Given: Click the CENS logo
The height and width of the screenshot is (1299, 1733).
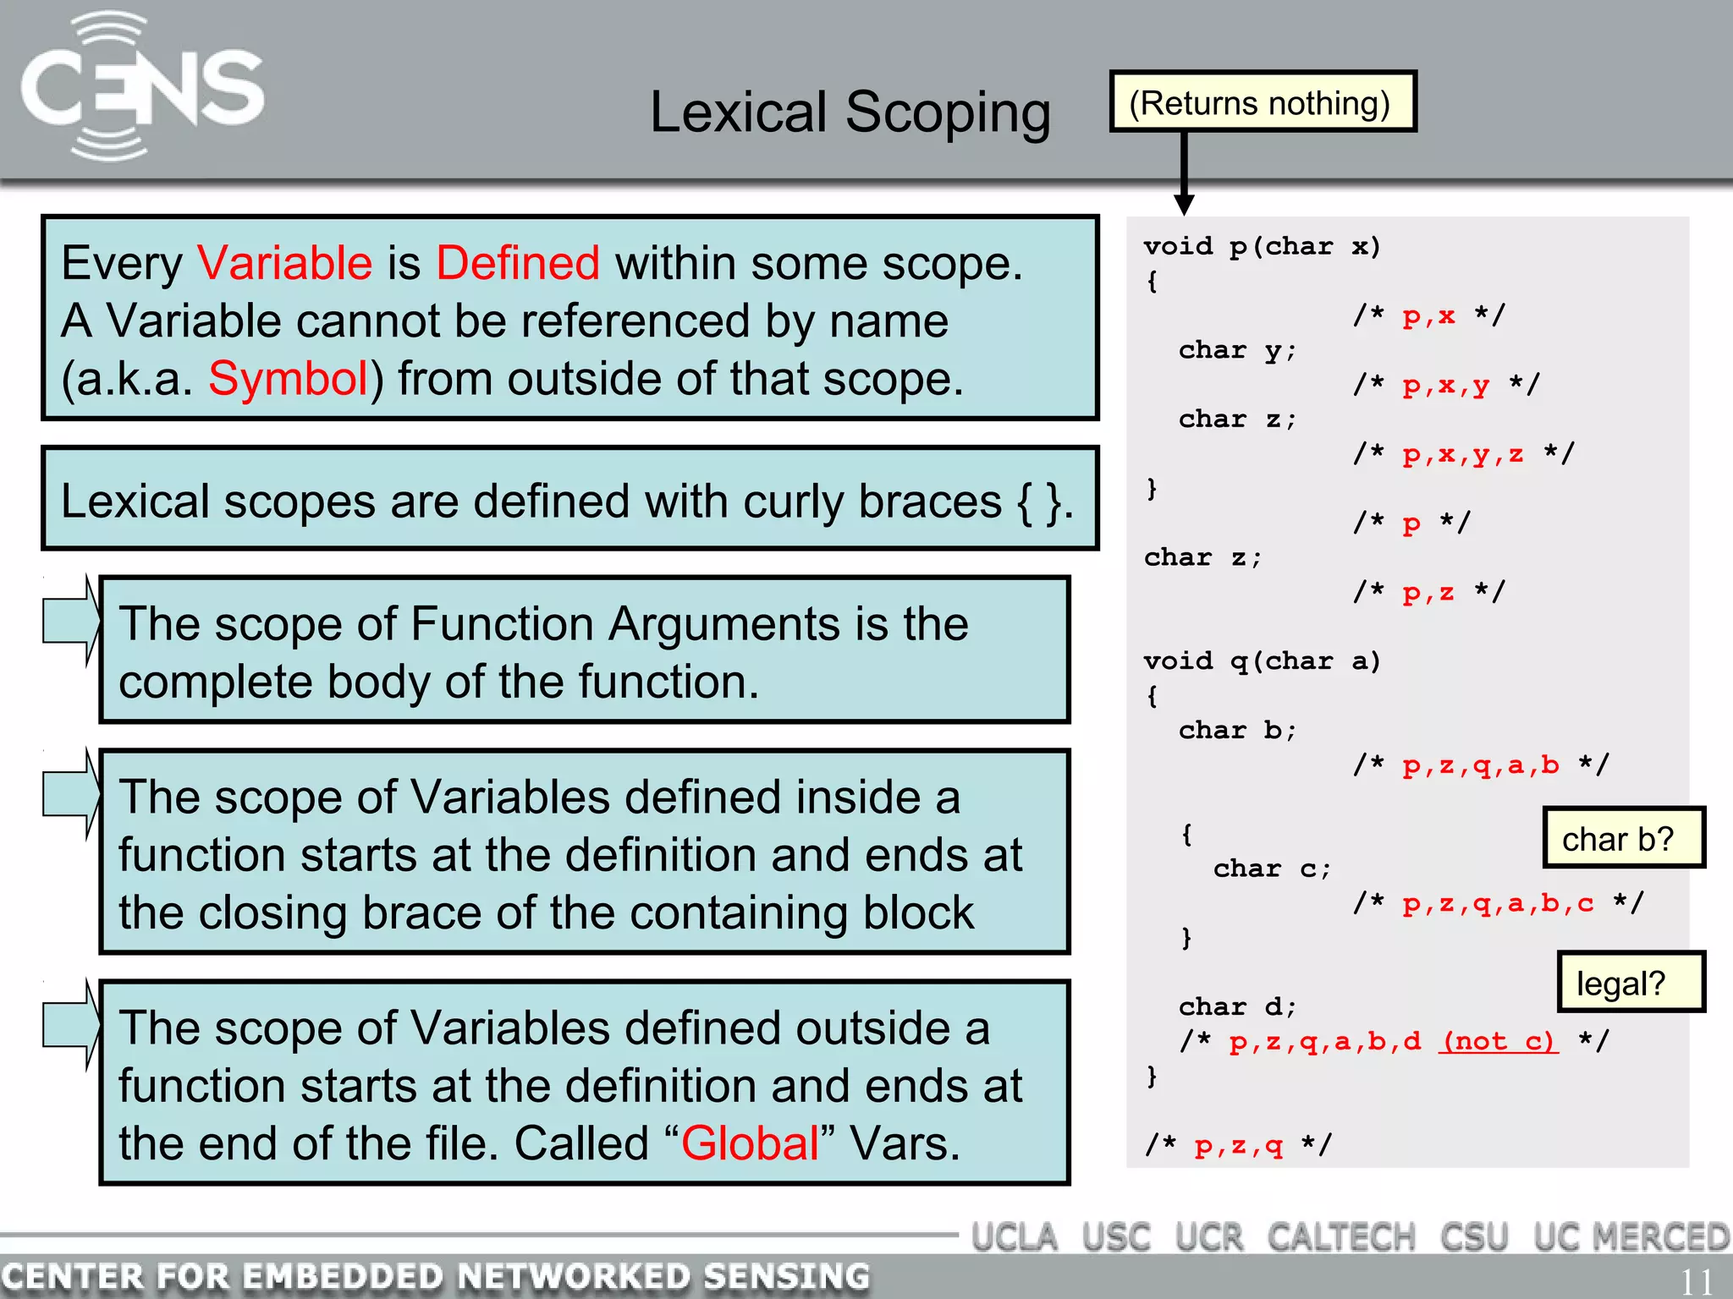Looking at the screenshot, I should click(142, 88).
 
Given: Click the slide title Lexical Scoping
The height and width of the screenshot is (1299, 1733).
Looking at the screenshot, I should click(850, 112).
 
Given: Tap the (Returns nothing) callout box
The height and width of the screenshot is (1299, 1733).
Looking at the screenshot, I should click(1262, 102).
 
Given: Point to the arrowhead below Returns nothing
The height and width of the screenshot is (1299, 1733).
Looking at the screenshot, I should click(1184, 204).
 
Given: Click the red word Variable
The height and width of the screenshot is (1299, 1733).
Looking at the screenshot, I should click(284, 263).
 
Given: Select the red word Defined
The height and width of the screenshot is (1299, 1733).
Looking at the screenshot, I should click(518, 263).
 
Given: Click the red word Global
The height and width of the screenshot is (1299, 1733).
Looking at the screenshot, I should click(750, 1143).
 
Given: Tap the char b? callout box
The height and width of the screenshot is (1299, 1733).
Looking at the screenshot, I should click(1622, 838).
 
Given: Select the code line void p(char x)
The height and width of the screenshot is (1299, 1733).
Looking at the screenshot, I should click(1261, 247).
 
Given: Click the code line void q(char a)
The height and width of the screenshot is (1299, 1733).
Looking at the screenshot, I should click(1261, 661).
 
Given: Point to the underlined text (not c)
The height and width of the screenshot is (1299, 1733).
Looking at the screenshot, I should click(1498, 1041).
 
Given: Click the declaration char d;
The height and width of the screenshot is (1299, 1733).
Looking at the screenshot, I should click(1237, 1006).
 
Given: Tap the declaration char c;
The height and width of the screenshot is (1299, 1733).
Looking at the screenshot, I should click(1272, 869).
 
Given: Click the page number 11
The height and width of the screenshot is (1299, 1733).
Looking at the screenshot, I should click(1696, 1282).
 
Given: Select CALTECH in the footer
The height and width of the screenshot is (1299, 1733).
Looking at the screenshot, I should click(1341, 1238).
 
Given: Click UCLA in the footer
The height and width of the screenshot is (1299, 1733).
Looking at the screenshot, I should click(1014, 1238).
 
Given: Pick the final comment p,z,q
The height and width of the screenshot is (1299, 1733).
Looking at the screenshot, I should click(1238, 1146).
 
